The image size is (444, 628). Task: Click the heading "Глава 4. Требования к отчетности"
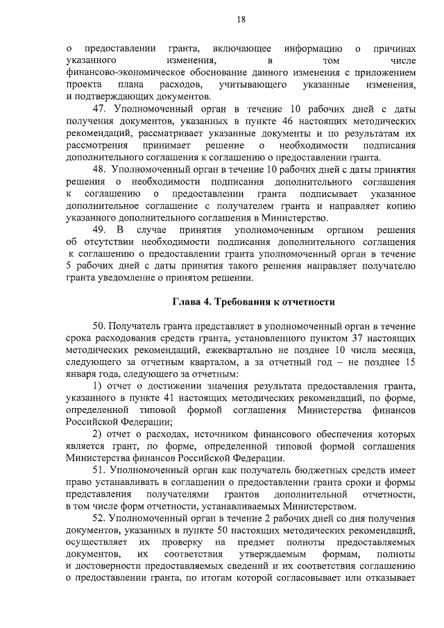point(253,302)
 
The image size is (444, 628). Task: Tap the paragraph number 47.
point(99,109)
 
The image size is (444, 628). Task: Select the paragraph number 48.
point(99,169)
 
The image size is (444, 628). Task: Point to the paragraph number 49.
point(99,230)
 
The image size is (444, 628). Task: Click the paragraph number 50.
point(99,326)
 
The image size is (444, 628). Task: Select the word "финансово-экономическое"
point(123,73)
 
